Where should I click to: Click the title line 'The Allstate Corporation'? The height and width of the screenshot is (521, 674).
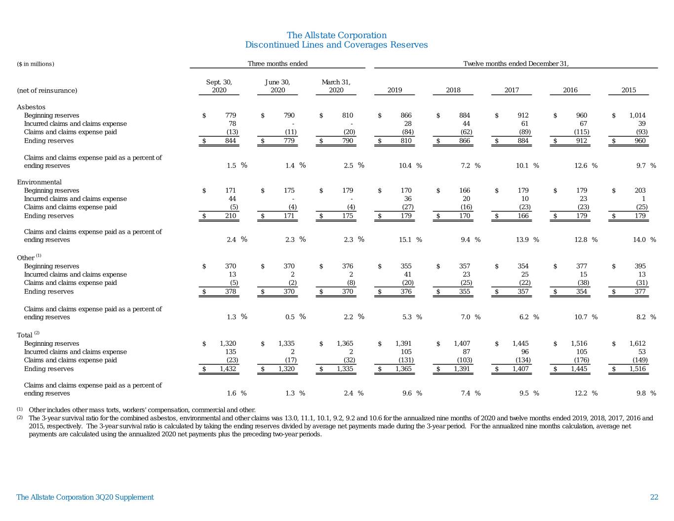coord(337,35)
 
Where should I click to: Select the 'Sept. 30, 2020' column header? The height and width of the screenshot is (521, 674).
coord(219,86)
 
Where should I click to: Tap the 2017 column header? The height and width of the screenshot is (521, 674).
coord(512,90)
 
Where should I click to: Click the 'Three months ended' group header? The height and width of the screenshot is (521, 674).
coord(278,64)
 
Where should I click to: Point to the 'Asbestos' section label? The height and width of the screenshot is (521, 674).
coord(31,107)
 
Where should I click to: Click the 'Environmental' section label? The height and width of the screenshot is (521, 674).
coord(39,182)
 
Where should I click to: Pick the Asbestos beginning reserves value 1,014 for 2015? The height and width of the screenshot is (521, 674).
coord(637,116)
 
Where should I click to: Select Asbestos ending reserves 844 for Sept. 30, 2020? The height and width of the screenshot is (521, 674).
coord(231,141)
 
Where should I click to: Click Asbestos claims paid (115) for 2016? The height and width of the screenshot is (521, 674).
coord(581,132)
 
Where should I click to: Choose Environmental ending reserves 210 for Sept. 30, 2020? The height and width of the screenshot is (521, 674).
coord(231,216)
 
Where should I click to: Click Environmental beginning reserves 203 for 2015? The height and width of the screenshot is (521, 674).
coord(640,191)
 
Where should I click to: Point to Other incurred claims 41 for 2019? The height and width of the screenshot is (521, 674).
coord(407,275)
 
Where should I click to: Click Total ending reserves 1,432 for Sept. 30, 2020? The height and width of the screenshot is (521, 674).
coord(228,369)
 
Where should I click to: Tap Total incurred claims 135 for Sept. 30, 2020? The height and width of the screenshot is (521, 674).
coord(231,352)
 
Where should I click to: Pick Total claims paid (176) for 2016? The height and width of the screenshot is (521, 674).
coord(581,360)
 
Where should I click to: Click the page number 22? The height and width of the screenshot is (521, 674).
coord(654,497)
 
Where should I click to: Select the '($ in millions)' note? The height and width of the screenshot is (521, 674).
coord(36,64)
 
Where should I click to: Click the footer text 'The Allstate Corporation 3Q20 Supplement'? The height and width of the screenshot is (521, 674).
coord(85,497)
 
